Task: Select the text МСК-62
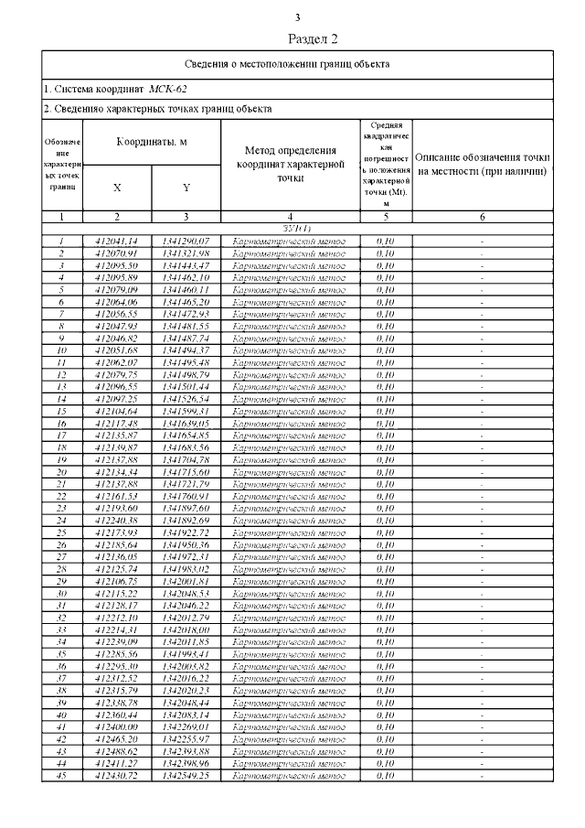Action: click(x=171, y=89)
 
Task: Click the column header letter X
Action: click(x=117, y=187)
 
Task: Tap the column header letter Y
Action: click(x=186, y=187)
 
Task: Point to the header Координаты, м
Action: click(x=152, y=143)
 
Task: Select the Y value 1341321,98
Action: click(x=186, y=253)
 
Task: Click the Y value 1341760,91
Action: click(x=186, y=495)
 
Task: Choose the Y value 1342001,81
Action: click(x=186, y=580)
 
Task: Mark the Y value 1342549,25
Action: click(x=186, y=774)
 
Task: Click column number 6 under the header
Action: click(x=483, y=217)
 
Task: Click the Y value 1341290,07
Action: click(x=186, y=241)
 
